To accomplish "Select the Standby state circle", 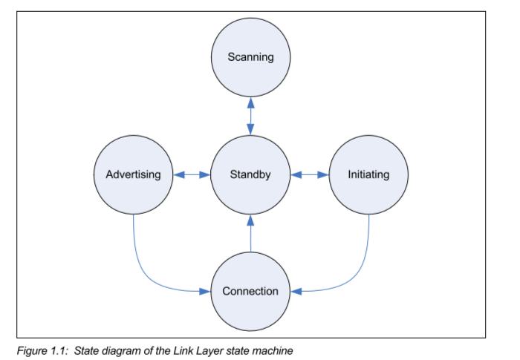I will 250,175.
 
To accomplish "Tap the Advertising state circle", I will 132,175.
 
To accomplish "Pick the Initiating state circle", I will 368,175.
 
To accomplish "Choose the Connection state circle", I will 250,290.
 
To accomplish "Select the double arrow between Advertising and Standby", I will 192,175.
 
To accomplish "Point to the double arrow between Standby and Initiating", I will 310,175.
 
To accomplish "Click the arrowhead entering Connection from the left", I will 207,291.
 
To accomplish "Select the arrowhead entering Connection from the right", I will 296,291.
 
